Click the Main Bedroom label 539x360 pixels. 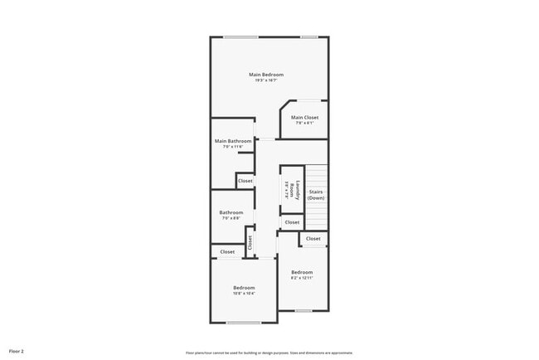266,75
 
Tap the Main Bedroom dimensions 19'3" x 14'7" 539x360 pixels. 266,80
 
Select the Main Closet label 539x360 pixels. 304,118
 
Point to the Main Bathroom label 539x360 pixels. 233,141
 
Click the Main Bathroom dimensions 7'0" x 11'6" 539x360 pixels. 233,147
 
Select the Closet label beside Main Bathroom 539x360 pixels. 245,181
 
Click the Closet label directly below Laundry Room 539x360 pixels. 292,222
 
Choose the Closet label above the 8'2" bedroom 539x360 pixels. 313,239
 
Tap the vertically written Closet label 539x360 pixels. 250,242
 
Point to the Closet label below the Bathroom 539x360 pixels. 227,251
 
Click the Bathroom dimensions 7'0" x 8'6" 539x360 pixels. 231,218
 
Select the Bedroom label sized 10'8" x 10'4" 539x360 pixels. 244,288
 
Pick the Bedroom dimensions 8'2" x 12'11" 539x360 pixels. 302,278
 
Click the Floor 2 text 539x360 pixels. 17,352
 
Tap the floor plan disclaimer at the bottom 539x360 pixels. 269,352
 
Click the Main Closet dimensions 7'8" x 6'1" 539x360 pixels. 304,124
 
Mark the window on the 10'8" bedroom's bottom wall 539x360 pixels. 244,323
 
